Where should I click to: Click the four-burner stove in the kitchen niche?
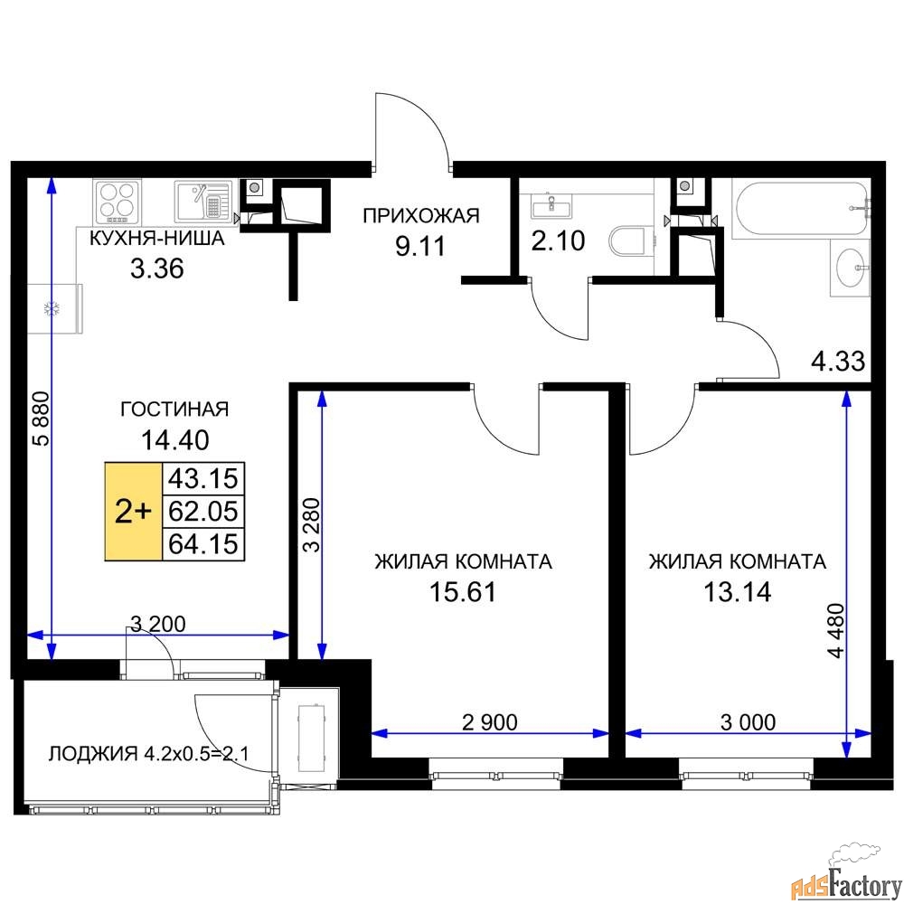click(x=117, y=202)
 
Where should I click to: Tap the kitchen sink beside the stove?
click(x=202, y=201)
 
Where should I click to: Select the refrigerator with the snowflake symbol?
click(x=55, y=308)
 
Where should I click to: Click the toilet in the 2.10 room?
click(x=626, y=241)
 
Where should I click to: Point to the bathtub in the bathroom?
click(x=800, y=208)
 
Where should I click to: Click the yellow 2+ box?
click(x=133, y=512)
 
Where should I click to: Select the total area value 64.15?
click(x=203, y=543)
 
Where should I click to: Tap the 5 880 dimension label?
click(x=42, y=419)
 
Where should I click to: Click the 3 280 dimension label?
click(x=311, y=524)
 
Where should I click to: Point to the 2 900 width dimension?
click(x=490, y=721)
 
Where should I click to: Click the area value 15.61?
click(x=463, y=591)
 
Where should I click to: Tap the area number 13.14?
click(x=738, y=591)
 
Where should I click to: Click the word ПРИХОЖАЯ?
click(x=421, y=216)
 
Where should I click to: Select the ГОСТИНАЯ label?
click(x=174, y=410)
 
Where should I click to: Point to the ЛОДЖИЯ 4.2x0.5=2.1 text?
click(x=149, y=754)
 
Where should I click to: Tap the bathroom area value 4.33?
click(x=838, y=361)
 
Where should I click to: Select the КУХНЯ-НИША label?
click(x=156, y=238)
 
